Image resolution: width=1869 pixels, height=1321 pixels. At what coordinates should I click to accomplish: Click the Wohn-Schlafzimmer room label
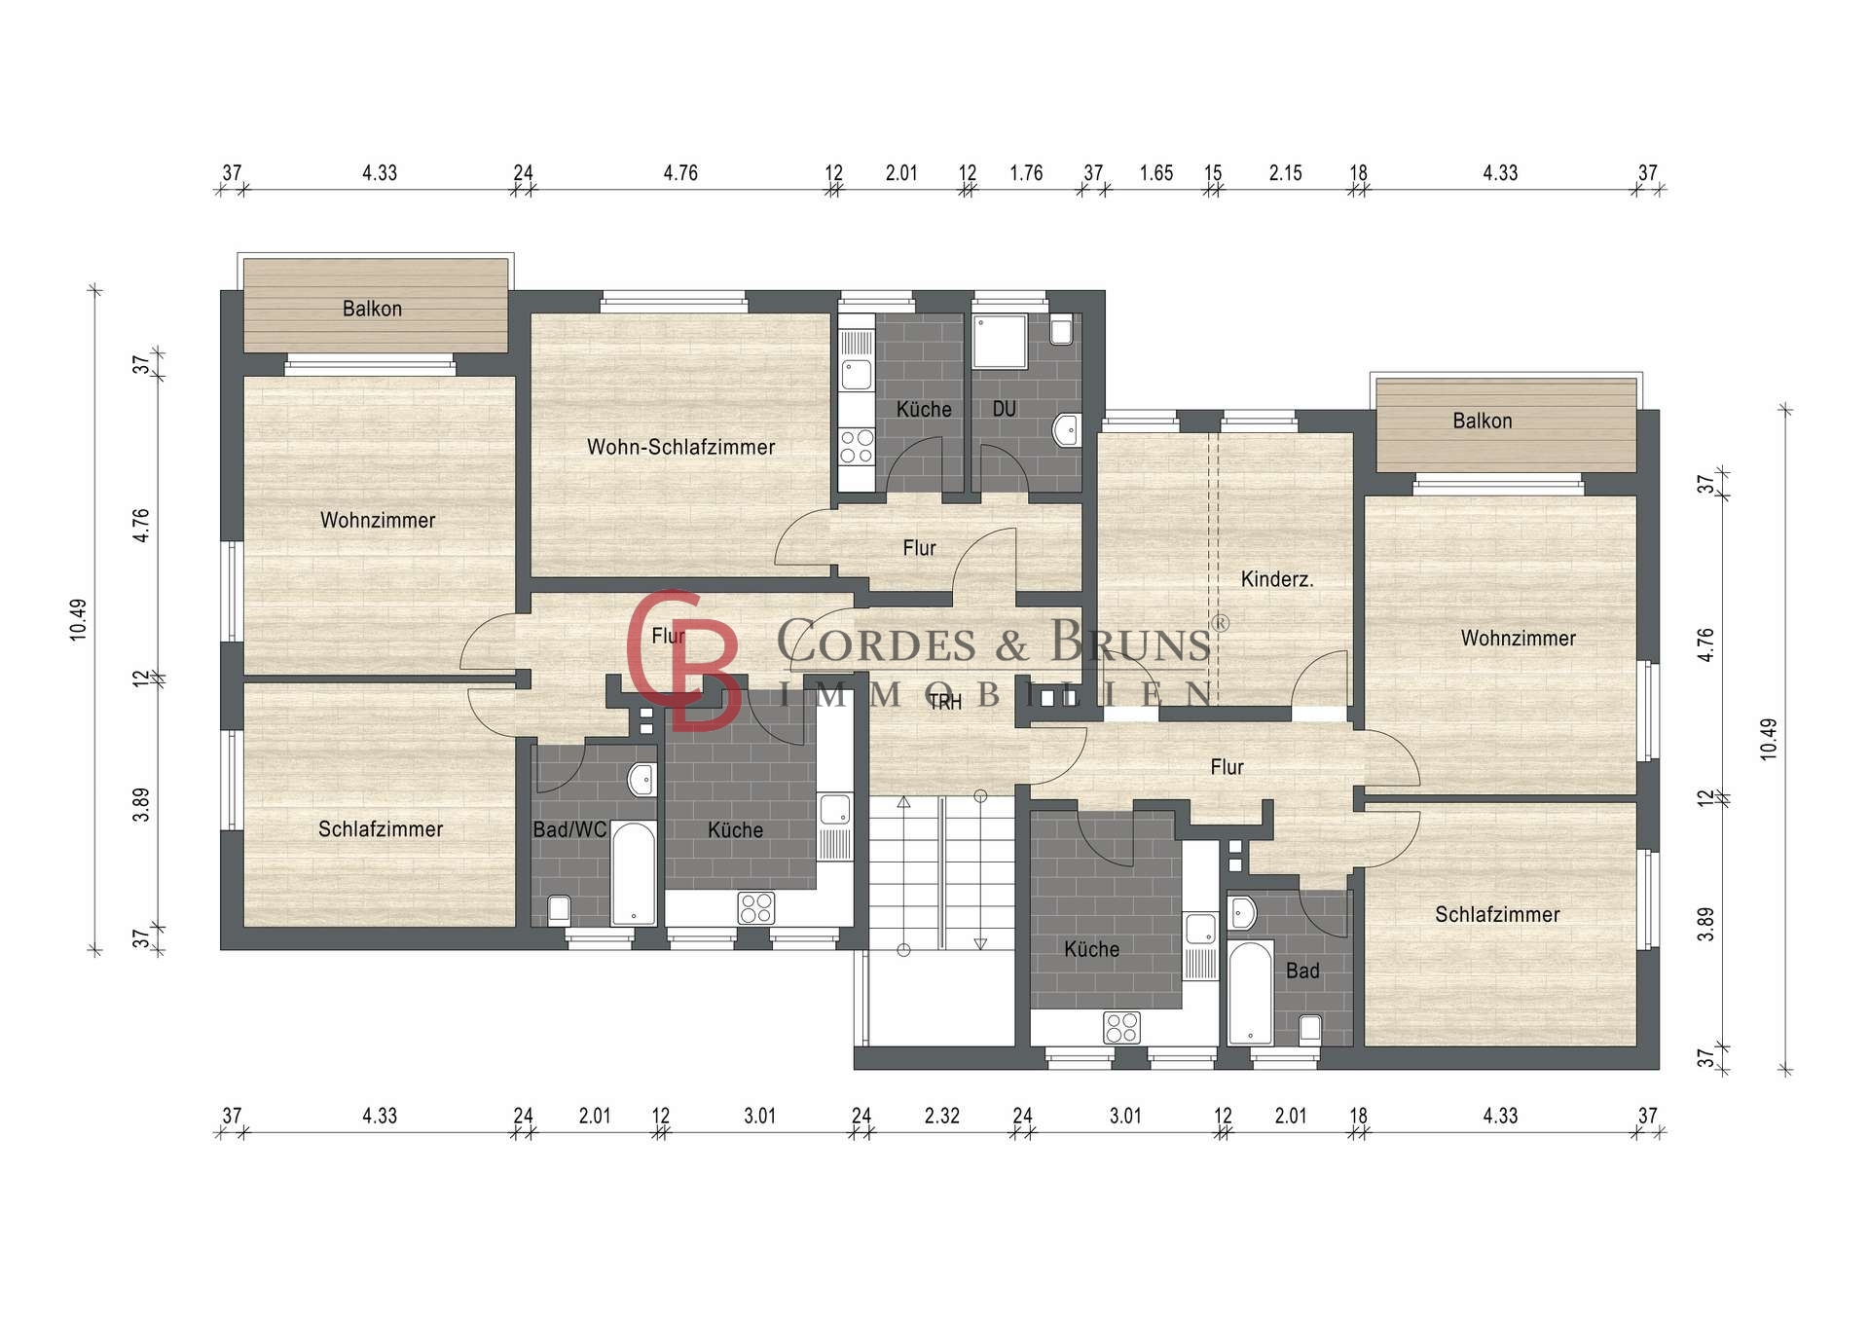[x=680, y=448]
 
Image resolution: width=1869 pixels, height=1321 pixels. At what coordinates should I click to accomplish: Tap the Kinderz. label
[x=1277, y=579]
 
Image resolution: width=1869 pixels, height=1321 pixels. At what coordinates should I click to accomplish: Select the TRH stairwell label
[x=944, y=703]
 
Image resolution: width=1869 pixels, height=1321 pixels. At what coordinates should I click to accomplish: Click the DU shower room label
[x=1005, y=409]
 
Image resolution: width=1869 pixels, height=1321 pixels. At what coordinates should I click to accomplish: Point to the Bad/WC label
[x=569, y=830]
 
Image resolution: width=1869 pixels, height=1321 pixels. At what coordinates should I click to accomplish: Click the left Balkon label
[x=372, y=309]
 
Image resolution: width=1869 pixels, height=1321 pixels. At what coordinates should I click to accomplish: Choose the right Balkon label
[x=1483, y=422]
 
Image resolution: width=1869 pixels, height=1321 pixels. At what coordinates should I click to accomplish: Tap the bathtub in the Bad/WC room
[x=634, y=873]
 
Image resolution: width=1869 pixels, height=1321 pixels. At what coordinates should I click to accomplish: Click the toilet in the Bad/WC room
[x=559, y=910]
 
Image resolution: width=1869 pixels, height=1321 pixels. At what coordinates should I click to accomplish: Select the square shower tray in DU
[x=1000, y=341]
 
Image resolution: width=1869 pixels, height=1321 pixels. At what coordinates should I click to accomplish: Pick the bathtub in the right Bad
[x=1251, y=993]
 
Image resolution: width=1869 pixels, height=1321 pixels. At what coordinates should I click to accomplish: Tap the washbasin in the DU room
[x=1067, y=428]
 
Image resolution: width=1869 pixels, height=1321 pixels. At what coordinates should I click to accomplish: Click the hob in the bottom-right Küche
[x=1121, y=1027]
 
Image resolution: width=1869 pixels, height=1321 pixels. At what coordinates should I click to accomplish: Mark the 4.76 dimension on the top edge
[x=680, y=173]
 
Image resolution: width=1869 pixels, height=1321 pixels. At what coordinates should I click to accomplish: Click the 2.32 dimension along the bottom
[x=942, y=1116]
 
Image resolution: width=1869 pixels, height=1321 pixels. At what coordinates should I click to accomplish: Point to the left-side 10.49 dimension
[x=79, y=619]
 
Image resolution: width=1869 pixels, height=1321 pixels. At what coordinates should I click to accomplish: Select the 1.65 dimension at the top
[x=1156, y=173]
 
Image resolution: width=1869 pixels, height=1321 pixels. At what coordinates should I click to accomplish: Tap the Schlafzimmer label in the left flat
[x=381, y=829]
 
